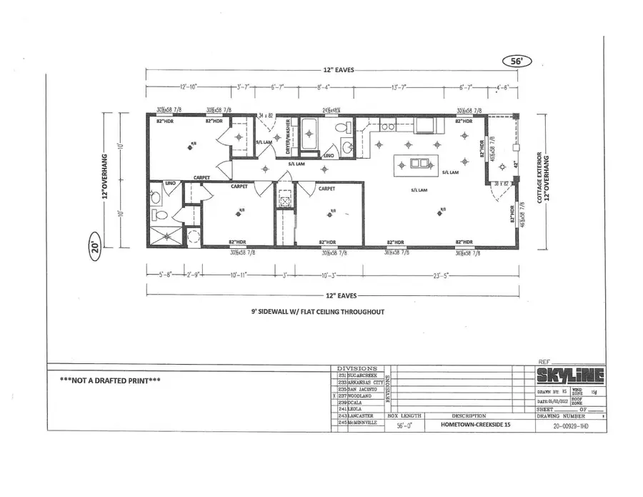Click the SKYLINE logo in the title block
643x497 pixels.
pos(569,376)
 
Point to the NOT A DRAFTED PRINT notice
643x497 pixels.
pos(110,380)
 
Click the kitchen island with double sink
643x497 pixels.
pos(414,165)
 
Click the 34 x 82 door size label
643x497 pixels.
pos(266,114)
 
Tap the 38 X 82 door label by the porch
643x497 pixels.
pos(501,184)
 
